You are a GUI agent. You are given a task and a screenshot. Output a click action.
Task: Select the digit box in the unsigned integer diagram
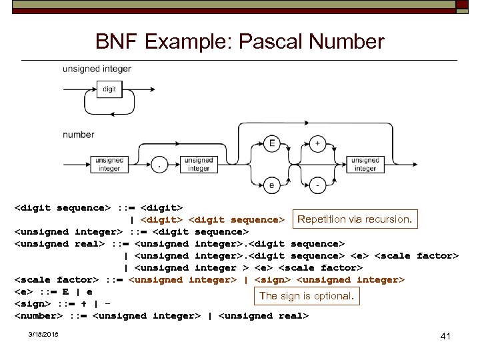109,89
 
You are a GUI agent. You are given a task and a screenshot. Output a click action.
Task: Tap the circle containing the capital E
271,144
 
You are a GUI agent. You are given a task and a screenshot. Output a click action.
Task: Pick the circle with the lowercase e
271,185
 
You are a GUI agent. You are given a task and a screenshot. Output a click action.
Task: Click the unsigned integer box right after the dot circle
198,165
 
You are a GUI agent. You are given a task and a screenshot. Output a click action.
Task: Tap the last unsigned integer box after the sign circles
365,165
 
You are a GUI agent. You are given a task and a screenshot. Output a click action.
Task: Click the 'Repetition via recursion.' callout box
355,219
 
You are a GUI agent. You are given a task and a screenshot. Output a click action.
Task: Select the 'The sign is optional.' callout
306,296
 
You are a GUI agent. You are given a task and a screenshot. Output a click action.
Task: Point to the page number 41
446,337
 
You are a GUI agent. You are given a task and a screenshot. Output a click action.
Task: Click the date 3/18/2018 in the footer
43,335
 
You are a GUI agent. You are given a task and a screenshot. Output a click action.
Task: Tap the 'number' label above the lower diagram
78,135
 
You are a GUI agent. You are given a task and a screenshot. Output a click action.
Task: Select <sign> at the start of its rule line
33,304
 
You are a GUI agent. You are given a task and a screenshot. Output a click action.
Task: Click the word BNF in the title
117,43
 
